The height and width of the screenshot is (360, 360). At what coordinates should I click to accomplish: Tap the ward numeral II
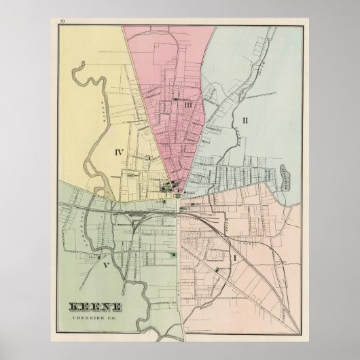point(247,121)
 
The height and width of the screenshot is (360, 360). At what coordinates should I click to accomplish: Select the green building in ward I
point(217,270)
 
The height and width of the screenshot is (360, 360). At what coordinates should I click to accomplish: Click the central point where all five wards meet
point(179,198)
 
